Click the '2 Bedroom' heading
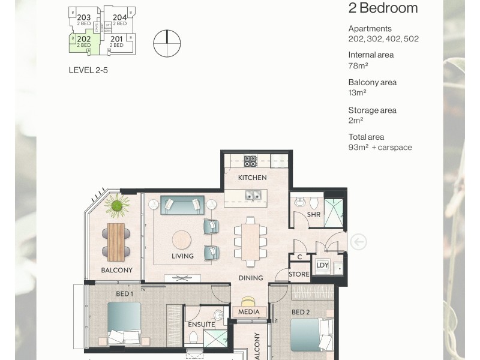pyautogui.click(x=383, y=8)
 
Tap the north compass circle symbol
pyautogui.click(x=167, y=43)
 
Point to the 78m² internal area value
pyautogui.click(x=358, y=66)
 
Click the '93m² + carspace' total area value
pyautogui.click(x=380, y=148)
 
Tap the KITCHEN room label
pyautogui.click(x=252, y=178)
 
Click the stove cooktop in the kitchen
pyautogui.click(x=250, y=161)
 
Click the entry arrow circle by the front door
pyautogui.click(x=358, y=242)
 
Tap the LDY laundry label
pyautogui.click(x=322, y=265)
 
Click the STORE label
pyautogui.click(x=299, y=274)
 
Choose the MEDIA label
pyautogui.click(x=249, y=311)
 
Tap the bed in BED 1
pyautogui.click(x=125, y=324)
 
